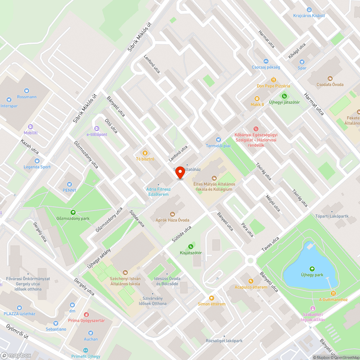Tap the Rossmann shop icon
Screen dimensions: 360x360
pos(26,91)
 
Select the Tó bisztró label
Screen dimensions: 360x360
pos(145,159)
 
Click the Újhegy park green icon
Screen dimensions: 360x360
pos(311,269)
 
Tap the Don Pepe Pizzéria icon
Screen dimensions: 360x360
pos(273,80)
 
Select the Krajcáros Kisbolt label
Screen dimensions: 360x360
pos(309,16)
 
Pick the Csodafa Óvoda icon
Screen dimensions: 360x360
pos(330,78)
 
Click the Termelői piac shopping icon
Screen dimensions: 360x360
pos(218,140)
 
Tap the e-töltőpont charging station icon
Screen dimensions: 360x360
pos(96,129)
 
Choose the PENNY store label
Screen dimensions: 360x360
pos(69,190)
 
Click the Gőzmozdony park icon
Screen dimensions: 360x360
pos(73,212)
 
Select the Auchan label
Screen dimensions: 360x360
pos(91,339)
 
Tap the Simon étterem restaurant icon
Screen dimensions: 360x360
pos(211,298)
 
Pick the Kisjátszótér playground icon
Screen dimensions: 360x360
pos(191,247)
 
